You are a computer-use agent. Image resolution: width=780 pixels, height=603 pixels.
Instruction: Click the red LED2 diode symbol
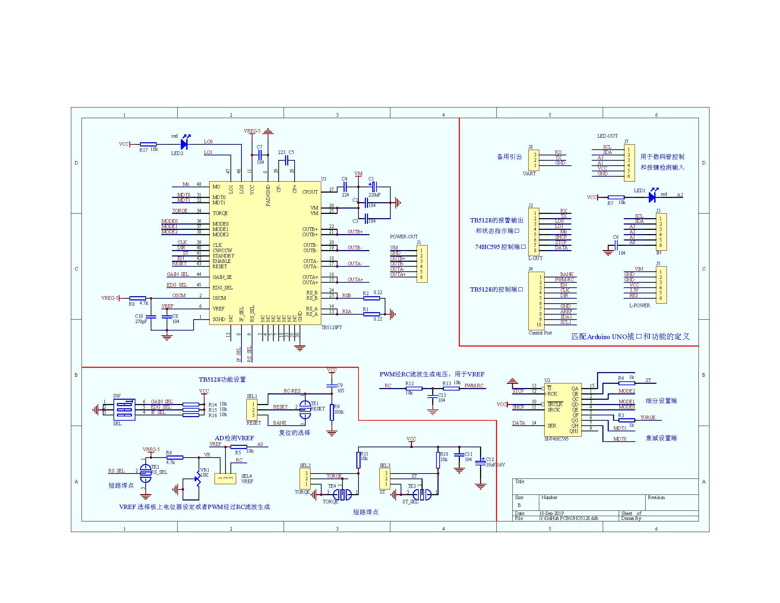[184, 144]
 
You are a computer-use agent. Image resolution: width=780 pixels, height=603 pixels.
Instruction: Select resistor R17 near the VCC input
[148, 144]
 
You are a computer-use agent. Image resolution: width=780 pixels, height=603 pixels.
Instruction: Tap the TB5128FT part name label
[331, 327]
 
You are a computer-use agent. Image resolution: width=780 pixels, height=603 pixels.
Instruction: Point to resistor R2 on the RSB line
[371, 298]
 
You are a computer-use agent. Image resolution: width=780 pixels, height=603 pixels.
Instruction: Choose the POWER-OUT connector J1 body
[422, 264]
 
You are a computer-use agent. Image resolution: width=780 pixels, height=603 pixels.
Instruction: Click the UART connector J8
[534, 160]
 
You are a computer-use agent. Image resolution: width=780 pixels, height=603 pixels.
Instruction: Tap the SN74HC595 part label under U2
[556, 439]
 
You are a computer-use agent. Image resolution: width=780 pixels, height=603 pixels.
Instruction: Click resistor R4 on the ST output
[626, 383]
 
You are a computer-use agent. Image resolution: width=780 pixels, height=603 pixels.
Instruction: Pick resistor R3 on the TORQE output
[626, 420]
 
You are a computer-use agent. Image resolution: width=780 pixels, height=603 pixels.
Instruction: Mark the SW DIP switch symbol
[124, 409]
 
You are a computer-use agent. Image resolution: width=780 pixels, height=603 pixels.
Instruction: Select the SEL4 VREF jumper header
[225, 478]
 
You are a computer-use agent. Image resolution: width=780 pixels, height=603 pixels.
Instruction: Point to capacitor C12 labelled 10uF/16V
[480, 463]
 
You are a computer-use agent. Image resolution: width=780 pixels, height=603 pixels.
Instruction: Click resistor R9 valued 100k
[332, 412]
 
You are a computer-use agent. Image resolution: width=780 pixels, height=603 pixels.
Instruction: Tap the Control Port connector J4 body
[534, 301]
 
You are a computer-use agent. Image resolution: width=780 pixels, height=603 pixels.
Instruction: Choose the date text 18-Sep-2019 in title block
[551, 513]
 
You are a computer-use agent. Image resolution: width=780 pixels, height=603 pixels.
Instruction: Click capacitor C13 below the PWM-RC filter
[433, 396]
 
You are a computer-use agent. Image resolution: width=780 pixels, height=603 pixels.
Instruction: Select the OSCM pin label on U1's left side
[219, 298]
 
